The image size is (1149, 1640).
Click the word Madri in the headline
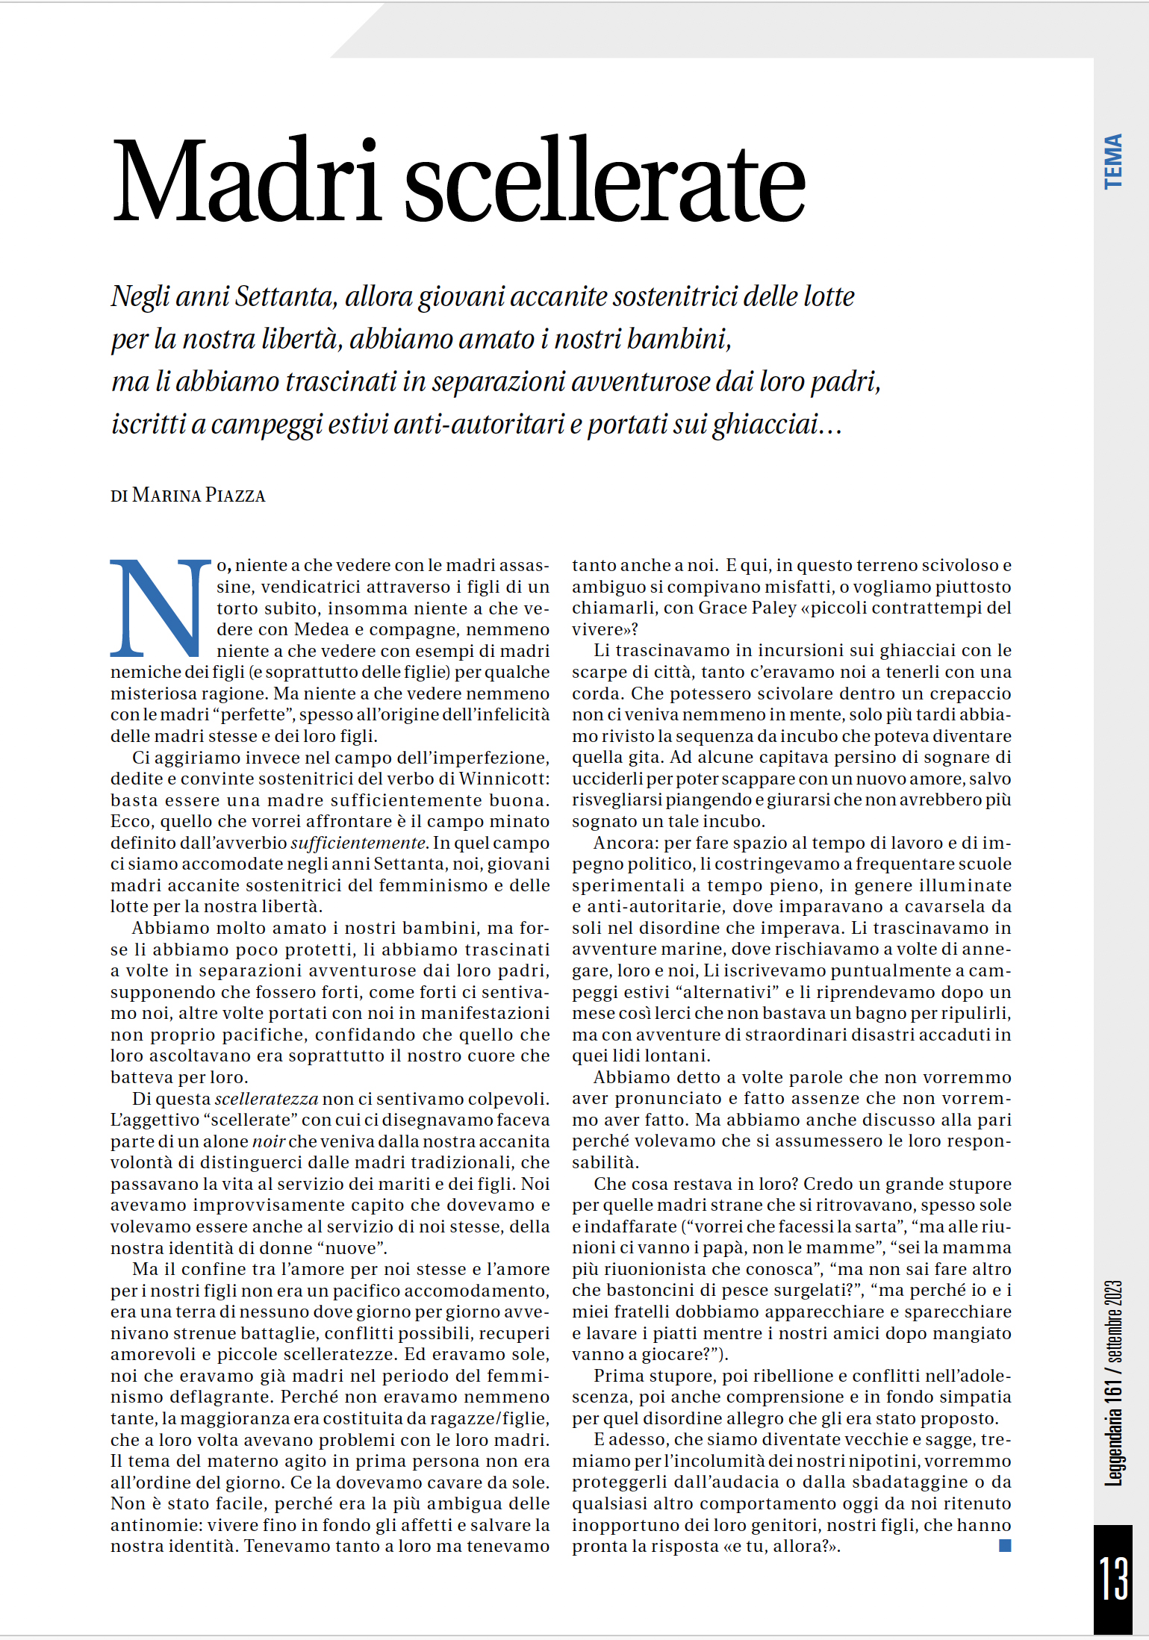point(246,181)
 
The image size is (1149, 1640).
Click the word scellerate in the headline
point(605,181)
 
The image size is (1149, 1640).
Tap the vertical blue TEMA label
point(1113,161)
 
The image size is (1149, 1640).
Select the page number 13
point(1112,1577)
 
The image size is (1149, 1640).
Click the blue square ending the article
point(1005,1546)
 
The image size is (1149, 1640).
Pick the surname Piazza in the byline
point(235,496)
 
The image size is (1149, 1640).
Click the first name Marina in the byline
point(166,496)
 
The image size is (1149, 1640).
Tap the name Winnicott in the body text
point(504,779)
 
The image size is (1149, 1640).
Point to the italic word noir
point(269,1141)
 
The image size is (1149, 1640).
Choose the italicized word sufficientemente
point(358,843)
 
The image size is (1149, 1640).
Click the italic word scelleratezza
point(266,1099)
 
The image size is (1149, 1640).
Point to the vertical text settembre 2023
point(1113,1322)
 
